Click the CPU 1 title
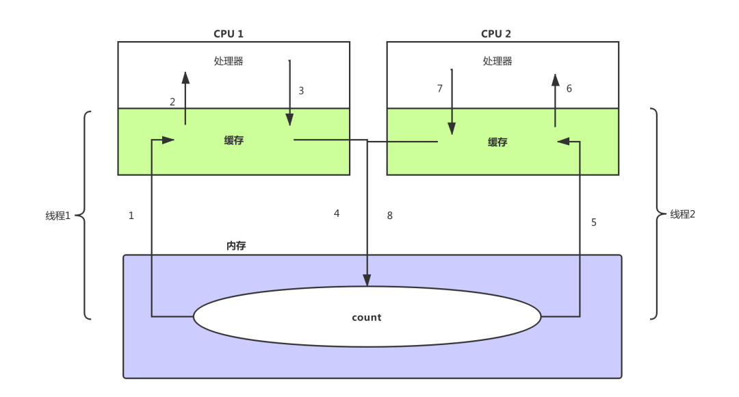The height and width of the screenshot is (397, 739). [x=229, y=34]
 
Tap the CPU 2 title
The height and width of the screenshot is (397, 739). [x=496, y=34]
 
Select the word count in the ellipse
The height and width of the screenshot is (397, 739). [x=367, y=318]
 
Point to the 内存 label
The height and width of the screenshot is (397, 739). [x=236, y=246]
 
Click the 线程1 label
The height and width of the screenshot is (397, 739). [x=58, y=216]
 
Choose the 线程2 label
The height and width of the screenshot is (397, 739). [x=682, y=214]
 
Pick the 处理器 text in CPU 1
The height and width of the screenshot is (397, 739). [x=229, y=61]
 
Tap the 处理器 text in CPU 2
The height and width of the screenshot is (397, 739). [x=497, y=61]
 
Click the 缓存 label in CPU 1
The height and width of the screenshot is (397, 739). [x=234, y=140]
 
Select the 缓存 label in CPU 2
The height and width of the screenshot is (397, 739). [x=497, y=142]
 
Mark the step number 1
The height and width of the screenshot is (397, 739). [x=131, y=216]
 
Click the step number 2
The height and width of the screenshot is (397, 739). [x=172, y=102]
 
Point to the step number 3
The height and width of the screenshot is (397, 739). [x=301, y=90]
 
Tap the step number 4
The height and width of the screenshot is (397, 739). [x=337, y=214]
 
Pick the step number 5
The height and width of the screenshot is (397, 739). [x=594, y=222]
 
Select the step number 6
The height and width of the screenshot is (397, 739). [x=569, y=89]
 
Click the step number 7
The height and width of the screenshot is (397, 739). [x=440, y=89]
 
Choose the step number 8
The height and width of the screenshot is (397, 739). [x=390, y=216]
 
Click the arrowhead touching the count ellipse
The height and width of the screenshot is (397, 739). [x=367, y=280]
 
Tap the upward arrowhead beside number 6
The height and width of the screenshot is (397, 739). [x=556, y=79]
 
